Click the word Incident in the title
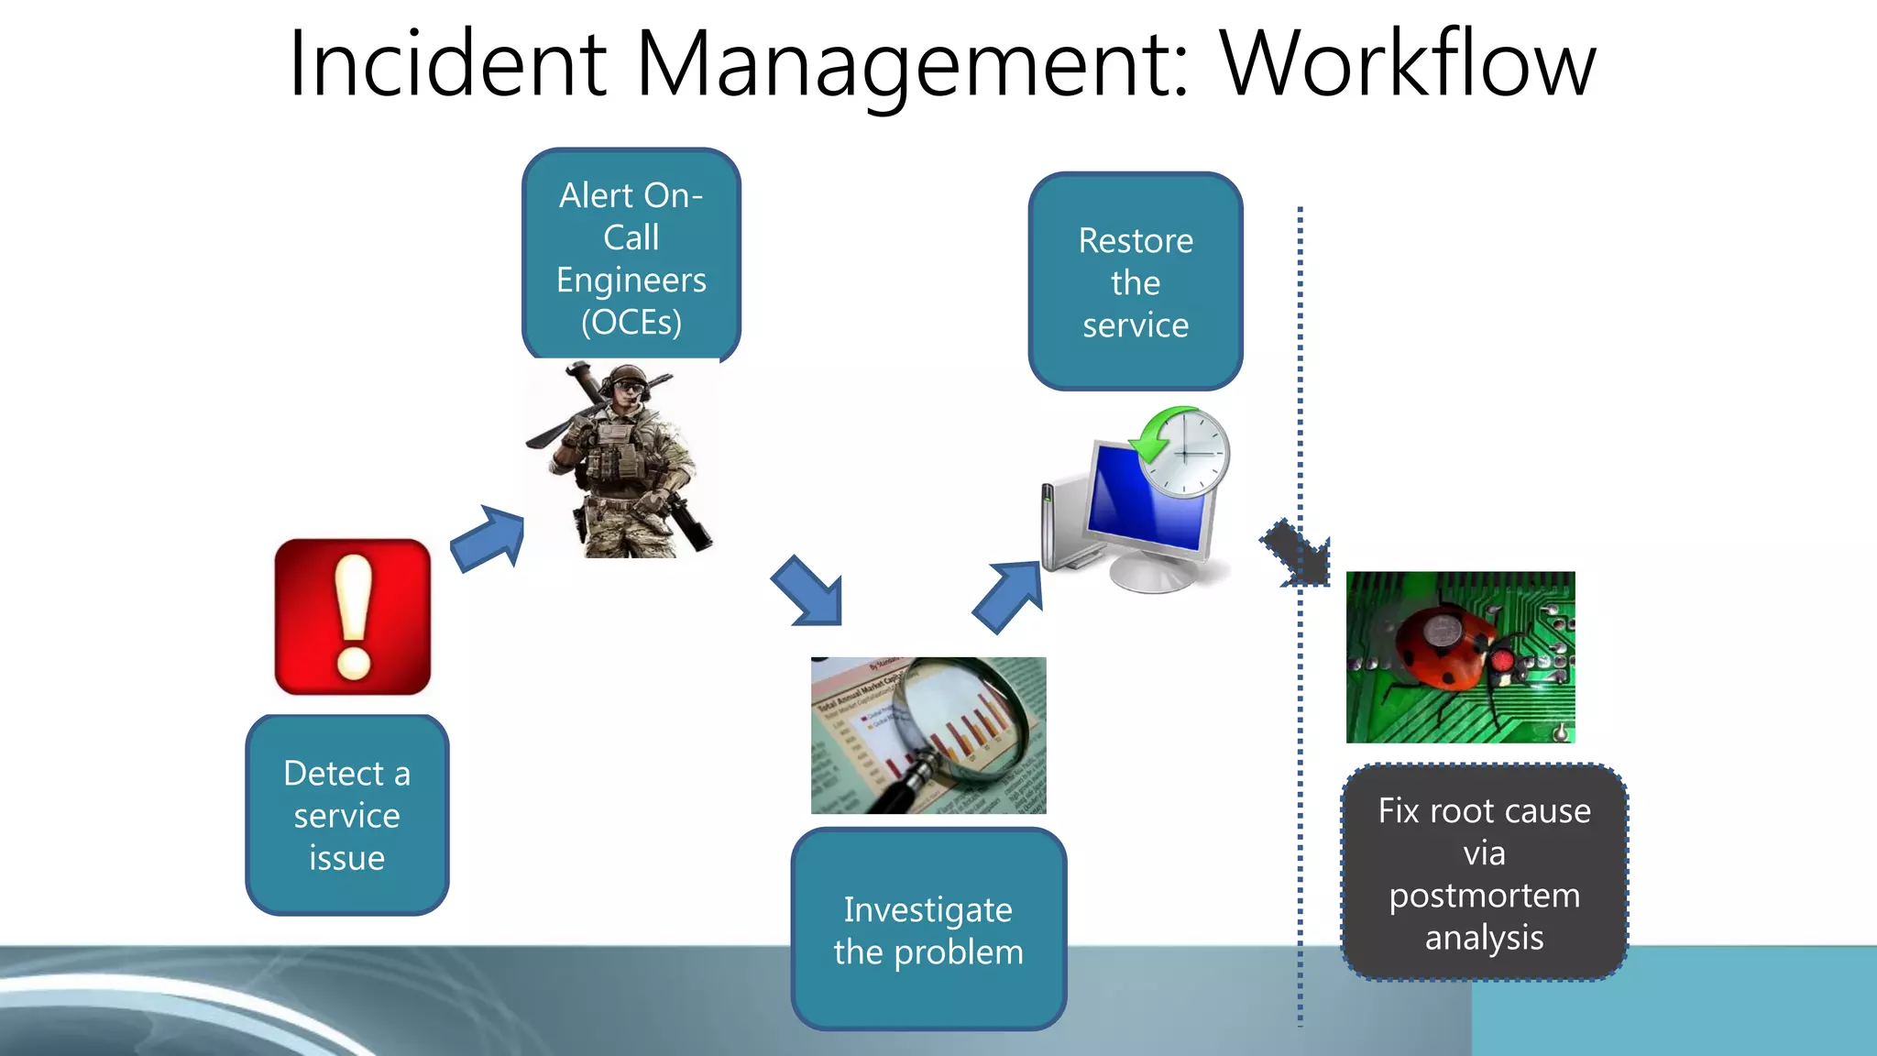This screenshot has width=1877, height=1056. pos(446,64)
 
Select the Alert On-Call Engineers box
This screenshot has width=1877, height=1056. pos(631,257)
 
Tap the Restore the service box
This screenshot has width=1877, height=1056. pos(1135,282)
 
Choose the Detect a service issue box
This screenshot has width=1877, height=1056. pos(346,815)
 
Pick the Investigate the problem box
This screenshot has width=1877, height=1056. pos(928,929)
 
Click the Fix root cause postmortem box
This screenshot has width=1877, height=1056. pos(1484,873)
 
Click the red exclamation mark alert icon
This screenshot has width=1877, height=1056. pos(353,616)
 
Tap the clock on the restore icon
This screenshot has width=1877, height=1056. pos(1187,453)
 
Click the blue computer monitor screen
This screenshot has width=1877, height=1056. pos(1146,500)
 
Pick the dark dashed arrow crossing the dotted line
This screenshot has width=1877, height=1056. pos(1296,553)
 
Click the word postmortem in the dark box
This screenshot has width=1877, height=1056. pos(1484,896)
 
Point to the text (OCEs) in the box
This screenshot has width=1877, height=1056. pos(631,322)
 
